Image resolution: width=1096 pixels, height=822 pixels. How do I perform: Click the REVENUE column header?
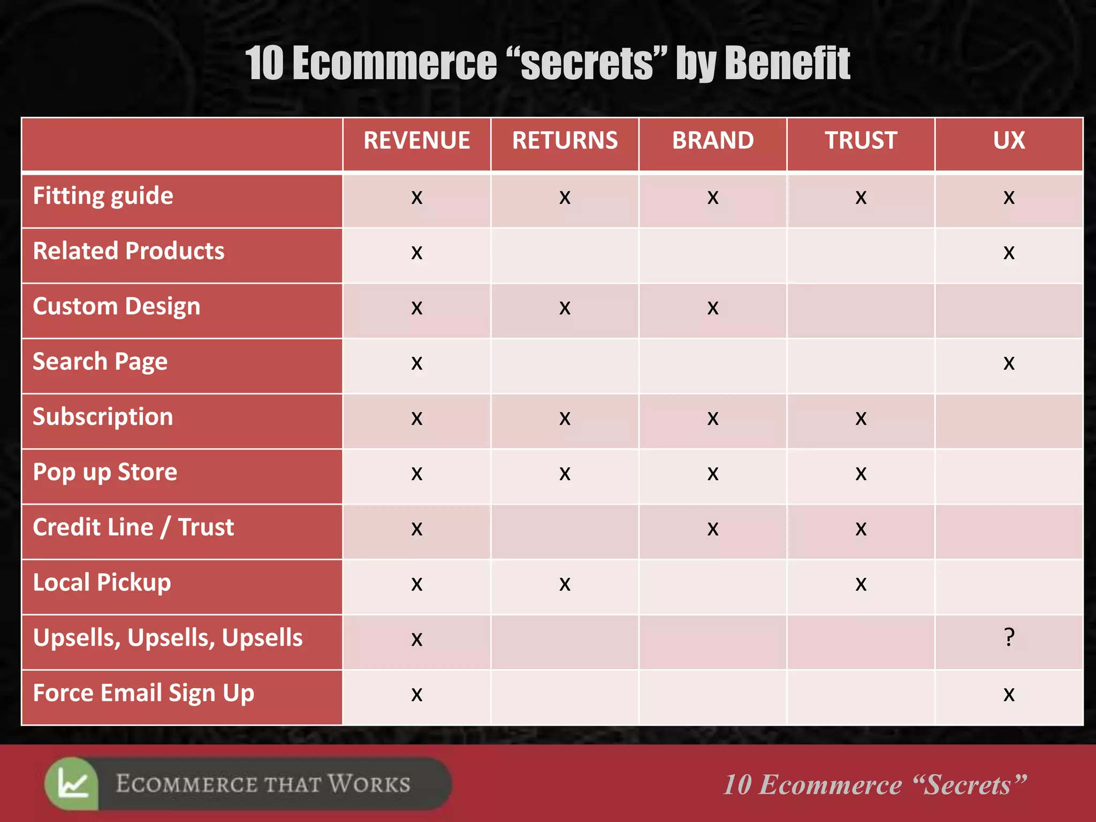tap(416, 141)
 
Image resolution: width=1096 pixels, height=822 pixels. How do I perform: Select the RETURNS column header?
tap(565, 141)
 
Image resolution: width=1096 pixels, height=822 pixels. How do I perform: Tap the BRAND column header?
tap(713, 141)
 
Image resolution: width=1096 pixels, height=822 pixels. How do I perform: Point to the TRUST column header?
tap(861, 141)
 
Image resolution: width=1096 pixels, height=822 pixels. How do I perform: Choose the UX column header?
tap(1009, 141)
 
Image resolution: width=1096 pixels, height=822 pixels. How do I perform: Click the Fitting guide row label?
tap(103, 196)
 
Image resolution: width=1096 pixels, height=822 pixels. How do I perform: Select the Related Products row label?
tap(129, 251)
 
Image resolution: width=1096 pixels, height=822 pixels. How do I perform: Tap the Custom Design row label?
tap(117, 307)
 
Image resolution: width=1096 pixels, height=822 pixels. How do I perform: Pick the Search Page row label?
tap(100, 362)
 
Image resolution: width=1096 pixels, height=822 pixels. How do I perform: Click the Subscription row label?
tap(103, 417)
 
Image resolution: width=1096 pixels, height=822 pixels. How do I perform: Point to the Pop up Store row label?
tap(105, 472)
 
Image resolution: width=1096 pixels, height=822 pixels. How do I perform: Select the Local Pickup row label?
tap(102, 583)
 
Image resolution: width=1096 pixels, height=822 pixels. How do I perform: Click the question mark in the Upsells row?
tap(1009, 637)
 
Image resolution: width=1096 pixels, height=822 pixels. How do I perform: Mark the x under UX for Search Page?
tap(1009, 363)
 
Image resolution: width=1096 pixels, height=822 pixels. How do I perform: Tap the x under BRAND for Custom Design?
tap(713, 308)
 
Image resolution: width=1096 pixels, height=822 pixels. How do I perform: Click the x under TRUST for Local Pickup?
tap(861, 584)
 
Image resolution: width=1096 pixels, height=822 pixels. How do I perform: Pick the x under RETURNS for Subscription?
tap(565, 418)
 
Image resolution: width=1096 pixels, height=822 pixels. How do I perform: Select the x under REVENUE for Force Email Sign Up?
tap(416, 695)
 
